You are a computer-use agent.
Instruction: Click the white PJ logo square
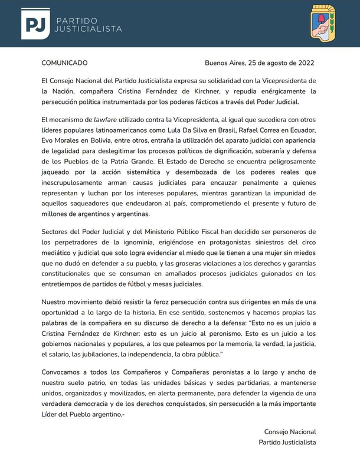point(35,24)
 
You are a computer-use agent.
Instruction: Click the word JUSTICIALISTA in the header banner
point(89,28)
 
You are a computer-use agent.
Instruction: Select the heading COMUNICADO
point(64,63)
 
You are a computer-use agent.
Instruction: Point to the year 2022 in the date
point(305,63)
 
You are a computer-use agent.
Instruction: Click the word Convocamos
point(64,372)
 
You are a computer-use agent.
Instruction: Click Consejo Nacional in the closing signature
point(290,432)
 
